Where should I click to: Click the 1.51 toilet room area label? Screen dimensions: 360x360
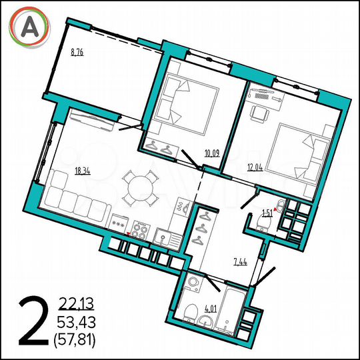pyautogui.click(x=267, y=213)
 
